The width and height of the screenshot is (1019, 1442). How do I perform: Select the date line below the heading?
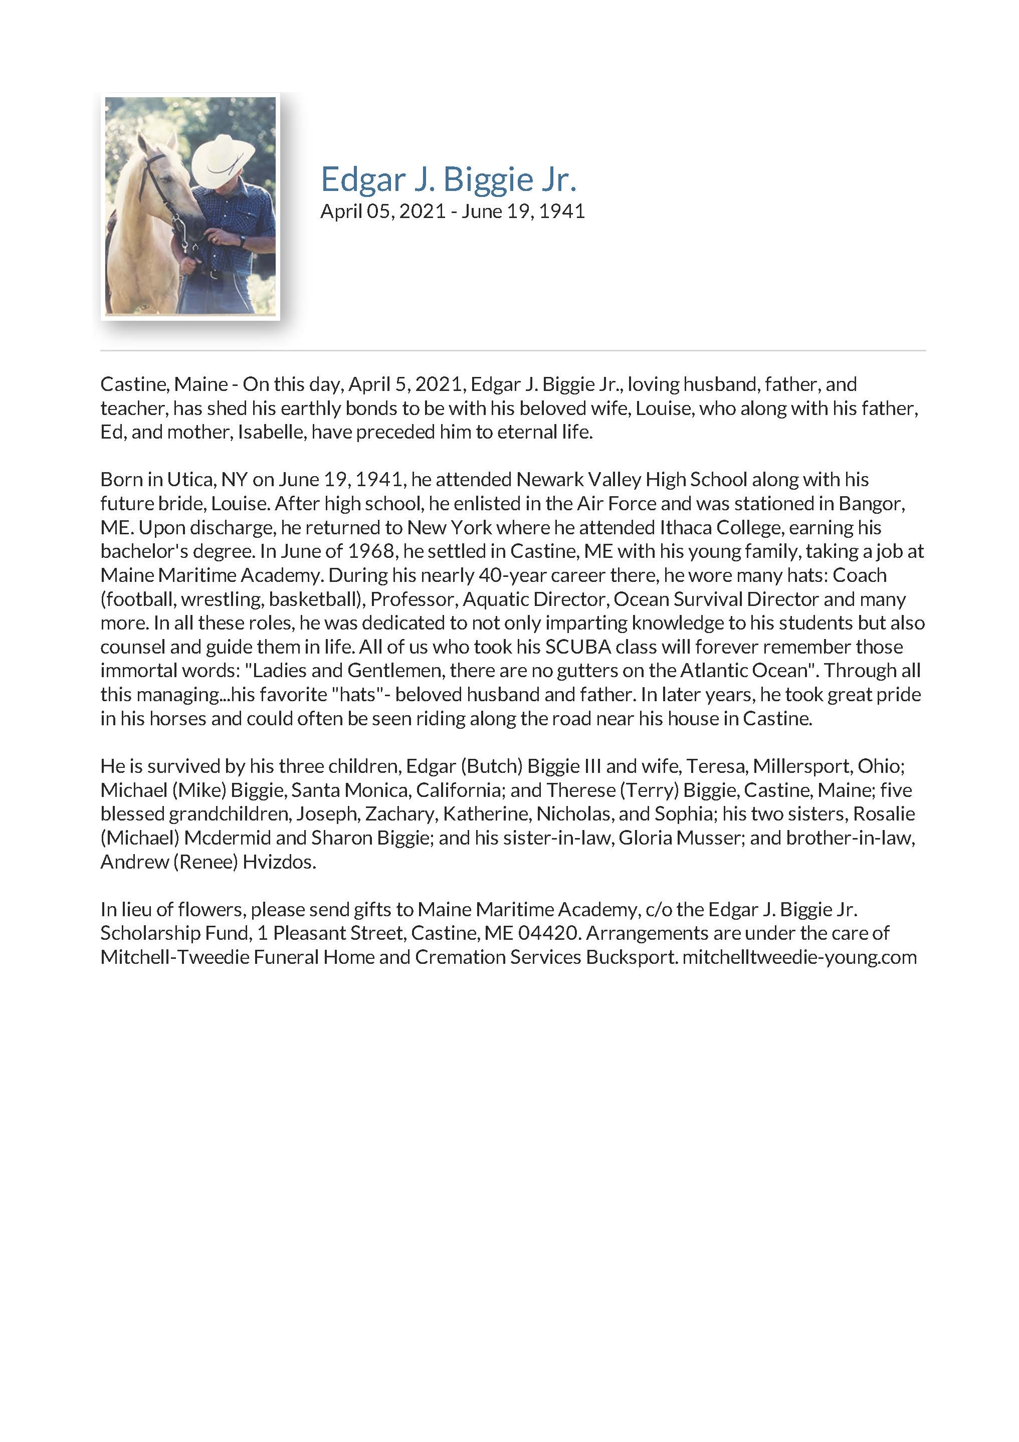[452, 211]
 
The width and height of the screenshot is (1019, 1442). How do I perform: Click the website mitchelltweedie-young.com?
[799, 957]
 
